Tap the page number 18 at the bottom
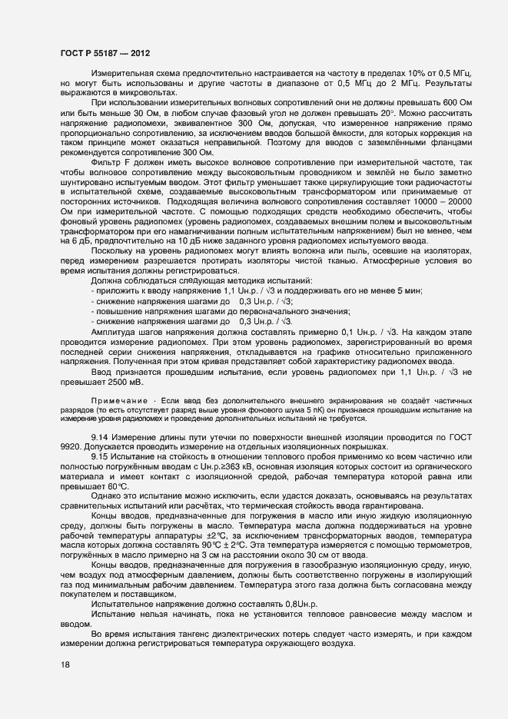point(64,666)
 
